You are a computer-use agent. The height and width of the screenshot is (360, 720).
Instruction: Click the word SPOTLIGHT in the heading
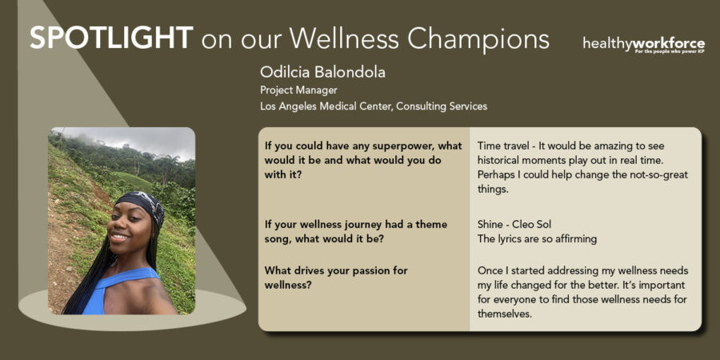click(111, 38)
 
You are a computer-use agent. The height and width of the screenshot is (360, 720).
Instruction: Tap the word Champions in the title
click(478, 40)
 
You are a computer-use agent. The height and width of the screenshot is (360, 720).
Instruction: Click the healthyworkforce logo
click(644, 45)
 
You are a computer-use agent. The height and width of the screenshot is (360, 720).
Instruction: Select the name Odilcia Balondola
click(322, 72)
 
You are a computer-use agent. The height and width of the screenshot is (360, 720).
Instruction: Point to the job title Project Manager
click(298, 90)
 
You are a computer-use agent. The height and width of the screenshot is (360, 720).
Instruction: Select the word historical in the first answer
click(498, 161)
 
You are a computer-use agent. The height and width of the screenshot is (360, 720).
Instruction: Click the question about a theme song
click(356, 232)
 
